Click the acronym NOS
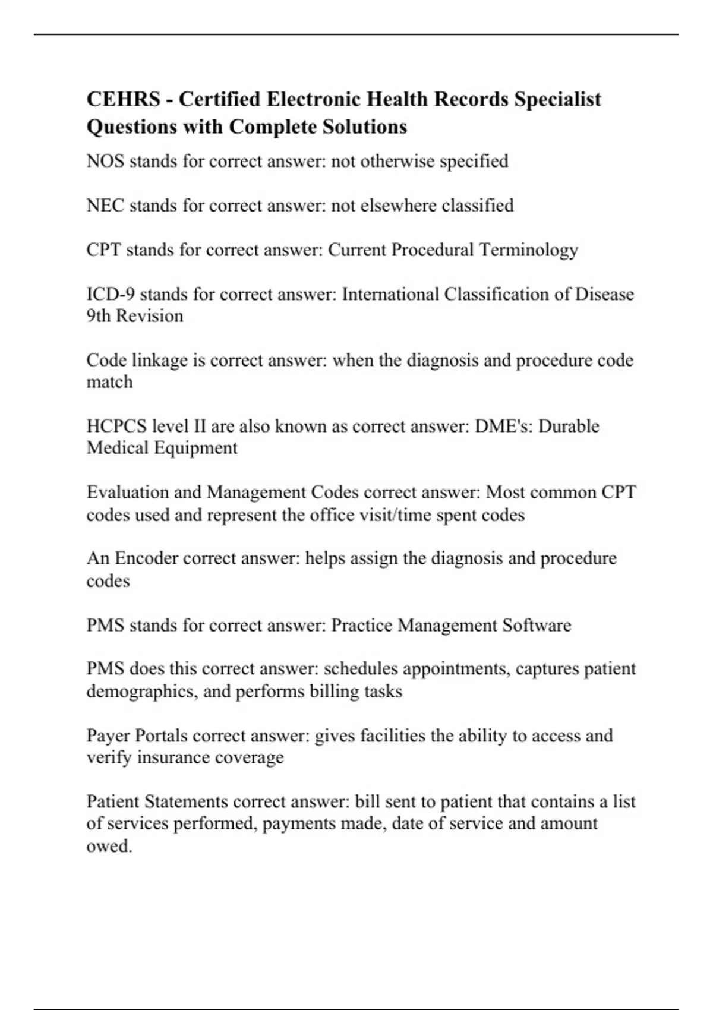[x=105, y=161]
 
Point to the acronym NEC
[x=105, y=206]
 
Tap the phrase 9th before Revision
[x=99, y=316]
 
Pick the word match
[x=109, y=382]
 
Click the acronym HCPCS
[x=116, y=426]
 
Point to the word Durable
[x=569, y=426]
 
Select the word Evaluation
[x=124, y=493]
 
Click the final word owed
[x=109, y=845]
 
